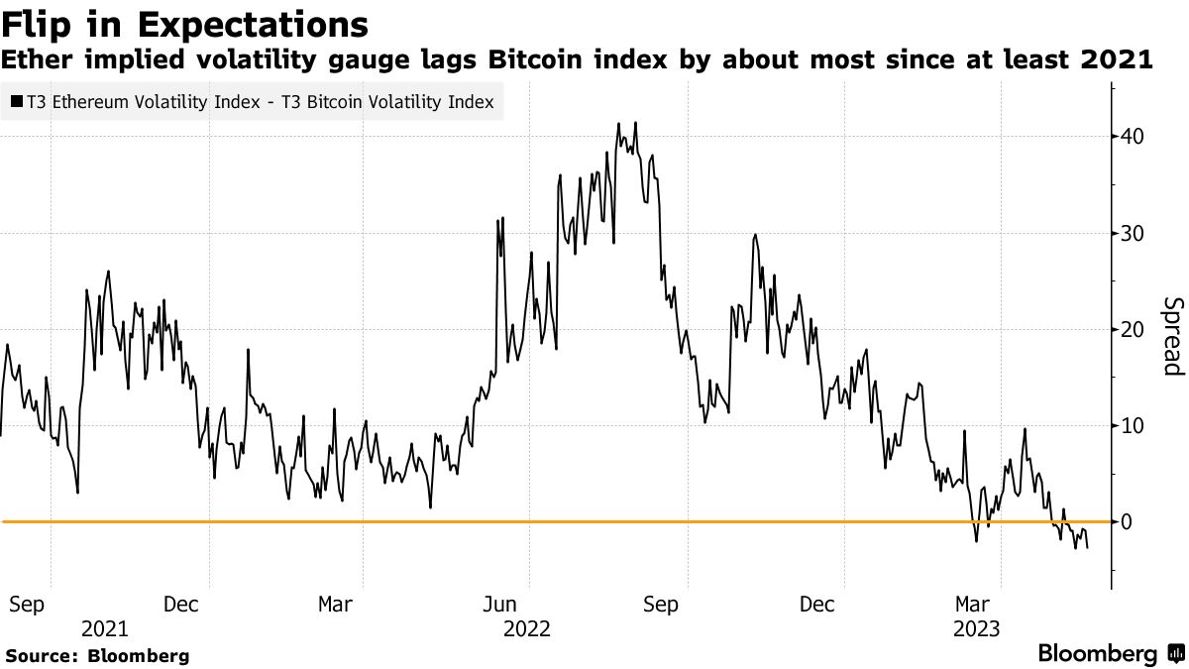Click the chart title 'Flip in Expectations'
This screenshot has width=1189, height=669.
pyautogui.click(x=186, y=24)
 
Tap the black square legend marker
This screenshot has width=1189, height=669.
pyautogui.click(x=17, y=102)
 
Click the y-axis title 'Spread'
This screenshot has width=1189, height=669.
pyautogui.click(x=1172, y=337)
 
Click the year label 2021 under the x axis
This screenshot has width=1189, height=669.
pyautogui.click(x=104, y=628)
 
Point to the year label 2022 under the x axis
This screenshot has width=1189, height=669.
pyautogui.click(x=528, y=628)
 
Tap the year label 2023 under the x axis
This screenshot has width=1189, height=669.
pyautogui.click(x=976, y=628)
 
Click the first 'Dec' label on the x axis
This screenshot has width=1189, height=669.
pyautogui.click(x=183, y=604)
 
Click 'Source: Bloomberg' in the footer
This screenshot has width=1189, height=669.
pyautogui.click(x=97, y=656)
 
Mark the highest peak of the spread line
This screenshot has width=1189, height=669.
pyautogui.click(x=635, y=123)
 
